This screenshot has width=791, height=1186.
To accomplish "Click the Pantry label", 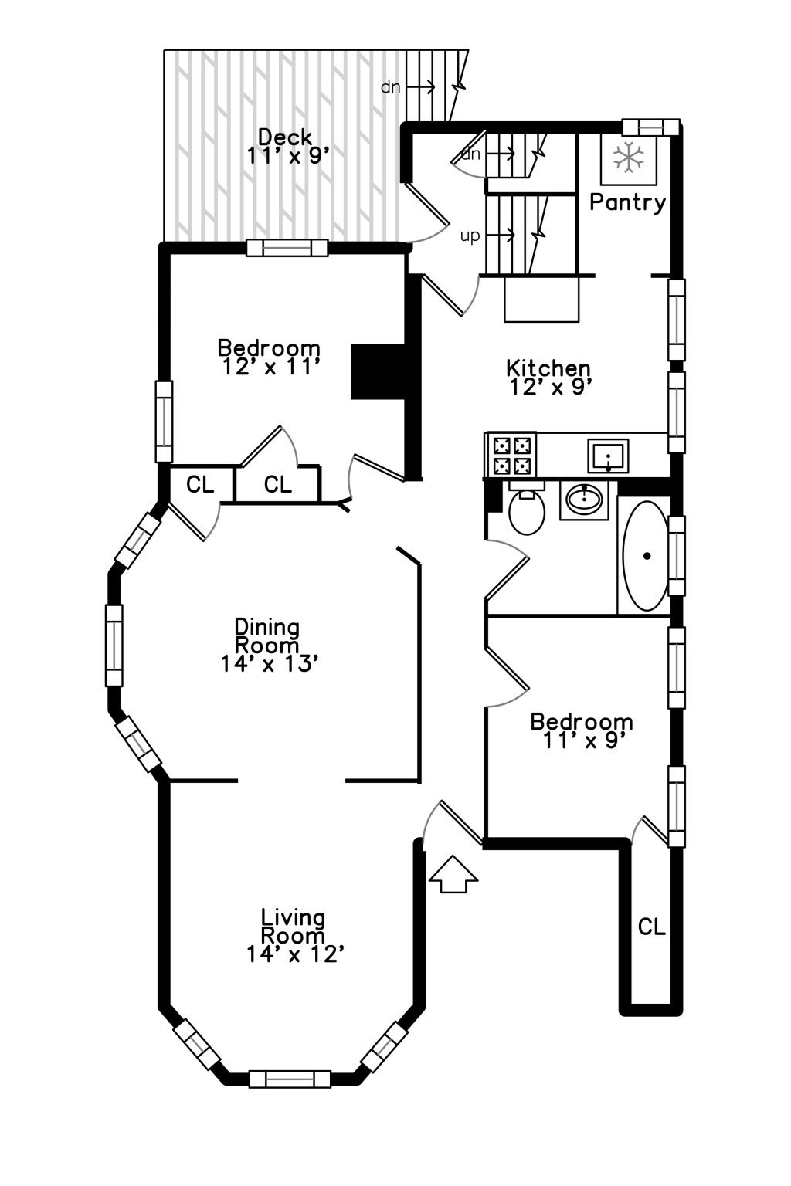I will (627, 202).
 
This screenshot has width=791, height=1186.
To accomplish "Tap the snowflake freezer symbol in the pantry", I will (629, 158).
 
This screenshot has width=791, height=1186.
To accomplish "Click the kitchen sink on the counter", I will (607, 456).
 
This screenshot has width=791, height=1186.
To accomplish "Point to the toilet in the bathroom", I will (527, 509).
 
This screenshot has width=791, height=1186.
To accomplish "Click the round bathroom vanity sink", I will (585, 500).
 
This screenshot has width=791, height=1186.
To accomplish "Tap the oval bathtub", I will (645, 555).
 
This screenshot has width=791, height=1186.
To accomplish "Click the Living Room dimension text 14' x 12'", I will (294, 955).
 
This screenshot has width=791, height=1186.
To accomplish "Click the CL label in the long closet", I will (651, 927).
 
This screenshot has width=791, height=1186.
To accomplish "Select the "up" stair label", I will (470, 236).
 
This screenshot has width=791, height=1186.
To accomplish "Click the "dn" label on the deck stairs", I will (391, 87).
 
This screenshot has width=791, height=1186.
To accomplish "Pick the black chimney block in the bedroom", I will (378, 371).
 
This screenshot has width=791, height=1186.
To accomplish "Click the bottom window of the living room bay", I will (290, 1079).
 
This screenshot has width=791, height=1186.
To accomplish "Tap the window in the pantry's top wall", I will (650, 127).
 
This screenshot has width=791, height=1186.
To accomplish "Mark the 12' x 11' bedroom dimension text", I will (270, 367).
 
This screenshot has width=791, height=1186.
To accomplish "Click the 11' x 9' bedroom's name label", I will (581, 722).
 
